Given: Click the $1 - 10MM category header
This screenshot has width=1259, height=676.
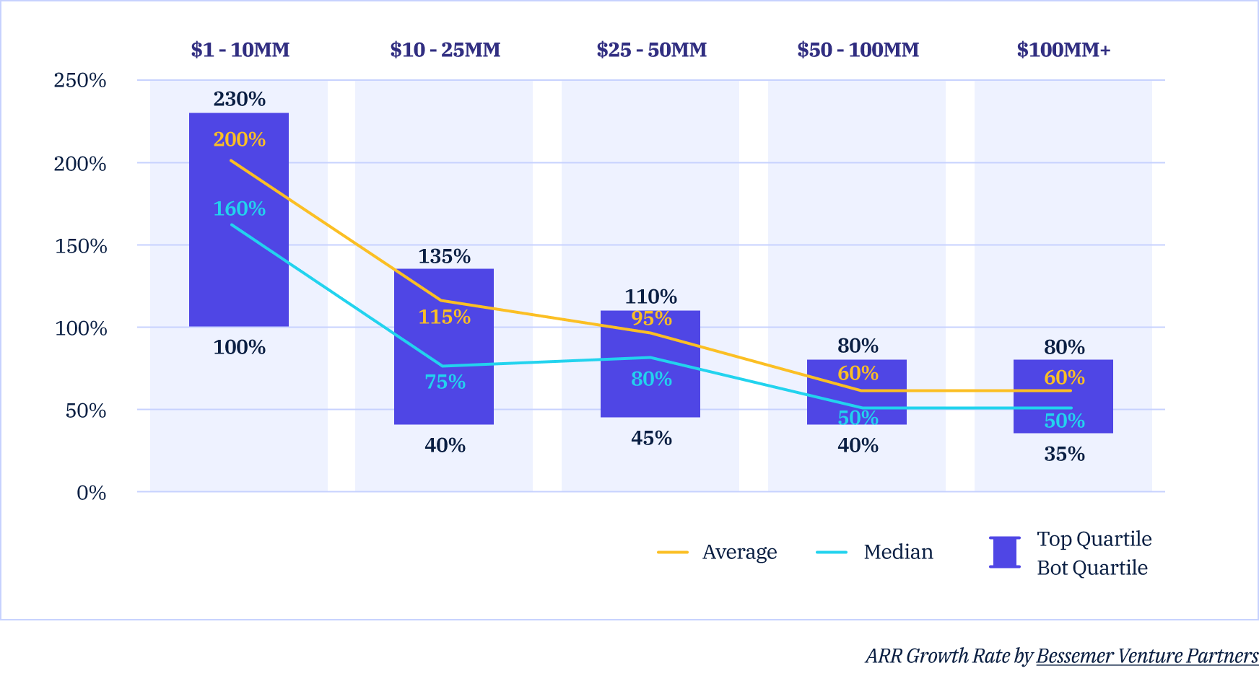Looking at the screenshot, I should [x=240, y=50].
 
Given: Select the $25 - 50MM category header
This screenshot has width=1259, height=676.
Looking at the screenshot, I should [x=651, y=50].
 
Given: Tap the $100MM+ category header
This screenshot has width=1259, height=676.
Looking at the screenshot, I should [x=1063, y=50].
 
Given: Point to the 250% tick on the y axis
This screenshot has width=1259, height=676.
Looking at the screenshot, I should [x=80, y=80].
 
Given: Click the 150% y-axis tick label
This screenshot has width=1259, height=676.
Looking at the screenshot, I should [x=81, y=246].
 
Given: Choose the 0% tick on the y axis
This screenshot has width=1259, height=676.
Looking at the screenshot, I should [x=91, y=493].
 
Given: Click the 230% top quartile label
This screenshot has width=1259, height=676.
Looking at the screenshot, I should [x=239, y=99].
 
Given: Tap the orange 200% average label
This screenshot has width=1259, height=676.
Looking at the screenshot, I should [x=239, y=139].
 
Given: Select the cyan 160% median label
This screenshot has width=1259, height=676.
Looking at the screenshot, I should [x=239, y=208].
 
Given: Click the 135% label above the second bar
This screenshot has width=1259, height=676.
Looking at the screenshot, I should [x=444, y=256].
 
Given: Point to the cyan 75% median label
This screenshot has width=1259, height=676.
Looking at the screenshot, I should [x=445, y=382].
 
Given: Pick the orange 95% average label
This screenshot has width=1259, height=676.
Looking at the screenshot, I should [x=651, y=318].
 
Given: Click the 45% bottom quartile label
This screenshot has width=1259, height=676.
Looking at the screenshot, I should [x=651, y=438].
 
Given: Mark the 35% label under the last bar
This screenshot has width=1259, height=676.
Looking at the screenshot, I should [x=1064, y=454].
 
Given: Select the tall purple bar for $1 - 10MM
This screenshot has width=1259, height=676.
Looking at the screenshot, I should [x=239, y=274].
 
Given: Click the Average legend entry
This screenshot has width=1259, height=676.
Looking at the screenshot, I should [x=739, y=552].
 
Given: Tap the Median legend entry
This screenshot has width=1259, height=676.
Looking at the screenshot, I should [x=898, y=552].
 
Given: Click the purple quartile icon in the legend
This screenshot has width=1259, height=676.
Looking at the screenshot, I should [x=1004, y=552].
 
